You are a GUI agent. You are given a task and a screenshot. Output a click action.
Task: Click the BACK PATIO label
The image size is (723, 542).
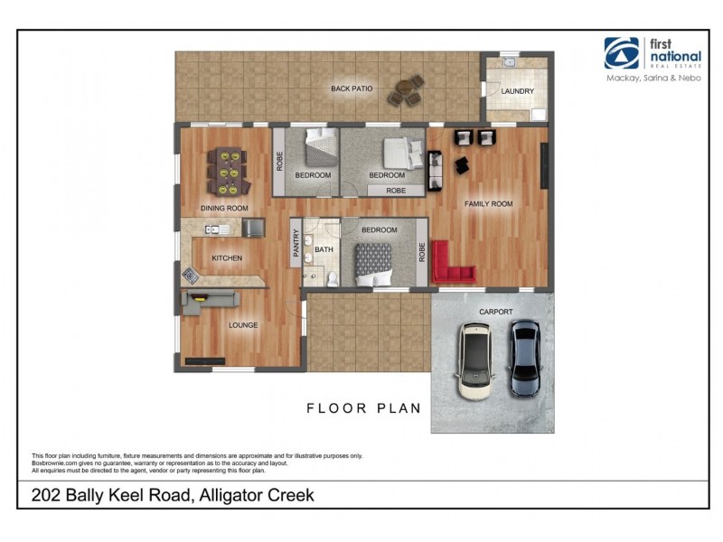click(x=352, y=89)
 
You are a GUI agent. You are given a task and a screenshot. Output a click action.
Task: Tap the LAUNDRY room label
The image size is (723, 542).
click(x=518, y=91)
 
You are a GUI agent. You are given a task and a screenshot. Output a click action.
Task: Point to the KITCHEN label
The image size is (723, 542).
click(x=227, y=258)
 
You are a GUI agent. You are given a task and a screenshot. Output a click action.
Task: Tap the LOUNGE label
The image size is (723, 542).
click(x=243, y=325)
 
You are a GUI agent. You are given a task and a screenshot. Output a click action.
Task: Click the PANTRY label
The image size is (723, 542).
click(x=296, y=245)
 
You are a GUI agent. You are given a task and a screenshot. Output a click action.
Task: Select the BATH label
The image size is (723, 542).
click(x=324, y=249)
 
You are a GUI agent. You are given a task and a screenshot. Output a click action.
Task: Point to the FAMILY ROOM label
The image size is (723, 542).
click(x=488, y=204)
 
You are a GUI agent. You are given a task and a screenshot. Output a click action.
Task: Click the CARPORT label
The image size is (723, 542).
click(x=496, y=313)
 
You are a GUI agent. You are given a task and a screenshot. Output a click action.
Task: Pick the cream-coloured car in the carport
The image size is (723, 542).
click(x=476, y=361)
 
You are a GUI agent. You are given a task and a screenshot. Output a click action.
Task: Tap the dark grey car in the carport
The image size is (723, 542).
click(x=525, y=359)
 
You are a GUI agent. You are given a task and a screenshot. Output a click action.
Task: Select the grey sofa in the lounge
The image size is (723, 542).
click(x=209, y=301)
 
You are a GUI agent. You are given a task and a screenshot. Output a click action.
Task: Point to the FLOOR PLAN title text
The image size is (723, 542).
click(x=363, y=408)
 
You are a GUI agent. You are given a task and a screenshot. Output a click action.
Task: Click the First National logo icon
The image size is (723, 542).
click(x=621, y=53)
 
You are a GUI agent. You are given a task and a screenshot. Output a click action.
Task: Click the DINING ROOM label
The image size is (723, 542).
click(x=224, y=209)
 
